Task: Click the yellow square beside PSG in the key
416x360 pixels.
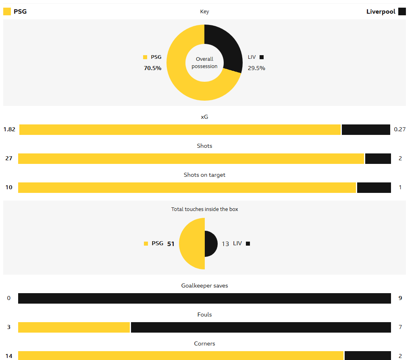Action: pos(7,12)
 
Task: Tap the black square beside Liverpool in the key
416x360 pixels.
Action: pos(402,12)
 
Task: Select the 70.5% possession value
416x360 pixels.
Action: pos(152,68)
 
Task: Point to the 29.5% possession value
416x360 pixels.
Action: pos(256,68)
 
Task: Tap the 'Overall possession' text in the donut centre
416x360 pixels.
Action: pos(204,63)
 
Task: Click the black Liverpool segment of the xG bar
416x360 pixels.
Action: pos(366,130)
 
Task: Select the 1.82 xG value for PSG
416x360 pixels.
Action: pos(9,129)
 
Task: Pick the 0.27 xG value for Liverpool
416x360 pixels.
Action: pos(400,129)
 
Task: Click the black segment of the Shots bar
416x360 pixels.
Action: pos(378,159)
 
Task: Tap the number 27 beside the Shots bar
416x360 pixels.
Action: pos(9,158)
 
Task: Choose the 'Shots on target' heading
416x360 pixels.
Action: pos(204,175)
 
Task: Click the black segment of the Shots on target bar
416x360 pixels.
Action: pos(374,188)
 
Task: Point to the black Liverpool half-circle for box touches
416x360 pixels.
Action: pos(210,244)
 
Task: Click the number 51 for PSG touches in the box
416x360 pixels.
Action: pos(171,244)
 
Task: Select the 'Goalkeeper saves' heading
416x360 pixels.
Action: pos(204,286)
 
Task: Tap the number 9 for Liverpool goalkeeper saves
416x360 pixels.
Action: pos(400,298)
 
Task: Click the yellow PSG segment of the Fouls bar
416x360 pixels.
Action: pos(74,327)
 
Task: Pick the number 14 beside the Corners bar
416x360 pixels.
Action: pos(9,356)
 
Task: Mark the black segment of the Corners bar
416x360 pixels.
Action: pos(367,356)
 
